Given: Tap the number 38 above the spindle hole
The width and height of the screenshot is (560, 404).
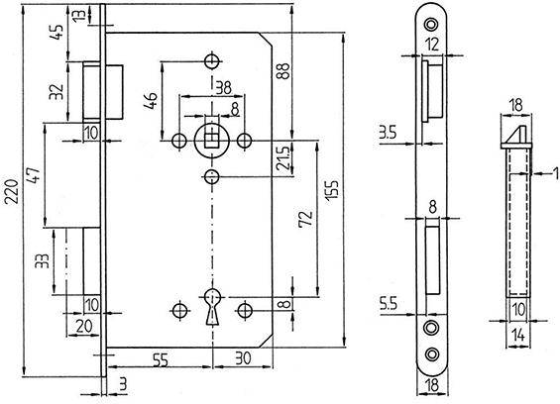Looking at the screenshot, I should click(223, 86).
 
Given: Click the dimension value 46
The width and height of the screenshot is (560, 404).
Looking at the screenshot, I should click(152, 102).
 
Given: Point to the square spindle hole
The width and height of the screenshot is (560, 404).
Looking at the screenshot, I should click(212, 138).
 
